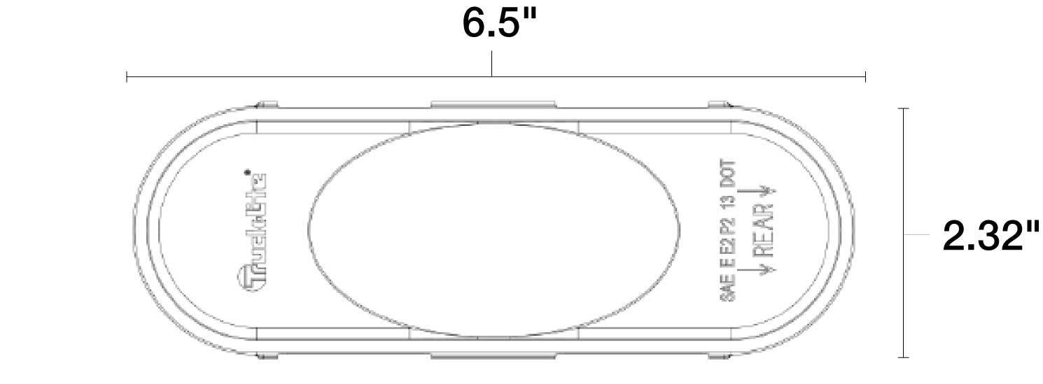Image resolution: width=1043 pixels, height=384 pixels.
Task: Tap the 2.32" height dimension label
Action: coord(991,236)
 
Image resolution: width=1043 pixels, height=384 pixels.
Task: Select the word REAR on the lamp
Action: coord(764,231)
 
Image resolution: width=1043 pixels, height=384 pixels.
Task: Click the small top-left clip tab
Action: coord(267,105)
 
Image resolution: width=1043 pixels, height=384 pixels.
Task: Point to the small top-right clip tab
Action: coord(719,105)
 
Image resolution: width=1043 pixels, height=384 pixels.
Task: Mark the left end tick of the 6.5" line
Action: coord(127,76)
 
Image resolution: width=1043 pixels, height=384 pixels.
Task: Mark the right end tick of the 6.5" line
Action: coord(866,76)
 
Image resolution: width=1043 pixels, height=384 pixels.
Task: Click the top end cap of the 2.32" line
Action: coord(904,109)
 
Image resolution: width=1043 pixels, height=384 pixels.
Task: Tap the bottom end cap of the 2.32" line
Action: coord(904,357)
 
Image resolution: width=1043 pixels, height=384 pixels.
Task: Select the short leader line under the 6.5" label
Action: coord(492,64)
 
